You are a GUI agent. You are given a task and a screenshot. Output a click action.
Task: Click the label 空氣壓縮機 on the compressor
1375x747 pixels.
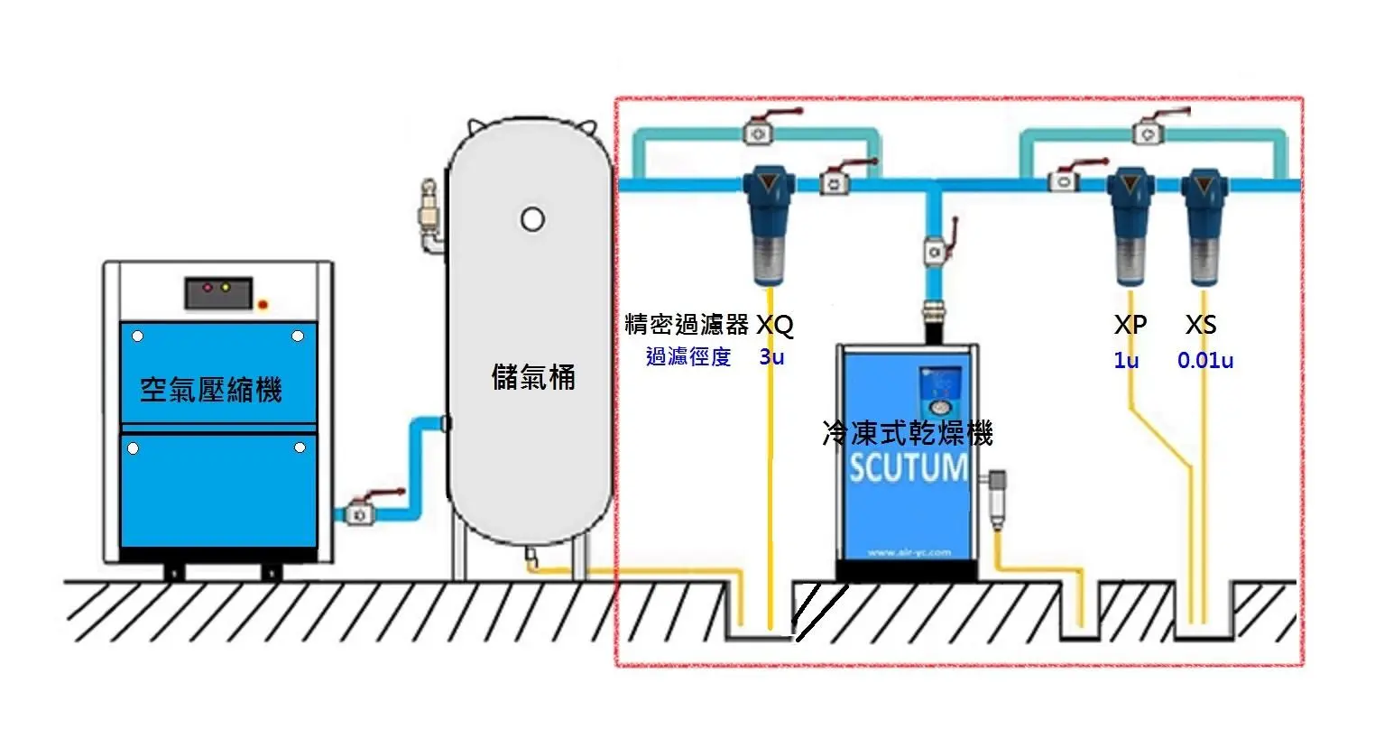tap(211, 390)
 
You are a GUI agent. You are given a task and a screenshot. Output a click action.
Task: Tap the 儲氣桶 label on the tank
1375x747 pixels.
tap(533, 376)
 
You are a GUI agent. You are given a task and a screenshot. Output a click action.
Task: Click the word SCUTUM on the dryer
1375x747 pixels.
tap(908, 467)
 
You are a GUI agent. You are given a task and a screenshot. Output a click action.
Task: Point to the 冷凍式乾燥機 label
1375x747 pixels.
tap(908, 433)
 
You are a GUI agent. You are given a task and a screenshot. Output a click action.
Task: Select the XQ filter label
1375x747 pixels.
tap(774, 325)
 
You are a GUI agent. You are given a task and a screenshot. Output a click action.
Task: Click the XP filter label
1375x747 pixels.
tap(1130, 325)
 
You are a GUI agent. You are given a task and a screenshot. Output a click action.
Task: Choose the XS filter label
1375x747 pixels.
tap(1201, 325)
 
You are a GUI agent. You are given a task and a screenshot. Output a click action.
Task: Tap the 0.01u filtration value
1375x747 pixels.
tap(1204, 361)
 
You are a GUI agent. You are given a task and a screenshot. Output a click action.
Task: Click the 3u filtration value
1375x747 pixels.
tap(771, 357)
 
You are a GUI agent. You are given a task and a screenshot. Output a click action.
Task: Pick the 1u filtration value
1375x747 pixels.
tap(1126, 361)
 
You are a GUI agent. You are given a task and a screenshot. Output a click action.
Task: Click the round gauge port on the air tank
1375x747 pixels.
tap(532, 218)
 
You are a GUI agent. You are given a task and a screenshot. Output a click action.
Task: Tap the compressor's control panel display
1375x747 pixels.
tap(217, 291)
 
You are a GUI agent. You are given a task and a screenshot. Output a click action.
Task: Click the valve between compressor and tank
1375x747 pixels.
tap(361, 512)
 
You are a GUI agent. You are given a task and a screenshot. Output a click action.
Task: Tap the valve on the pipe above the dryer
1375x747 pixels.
tap(935, 250)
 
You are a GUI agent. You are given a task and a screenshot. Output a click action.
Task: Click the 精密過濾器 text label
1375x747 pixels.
tap(687, 325)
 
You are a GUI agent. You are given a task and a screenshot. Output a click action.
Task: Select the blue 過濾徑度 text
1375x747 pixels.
tap(688, 357)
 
